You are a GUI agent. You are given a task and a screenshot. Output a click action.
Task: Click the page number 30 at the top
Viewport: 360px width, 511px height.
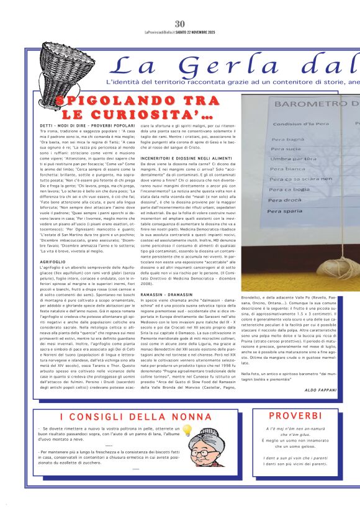[179, 6]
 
